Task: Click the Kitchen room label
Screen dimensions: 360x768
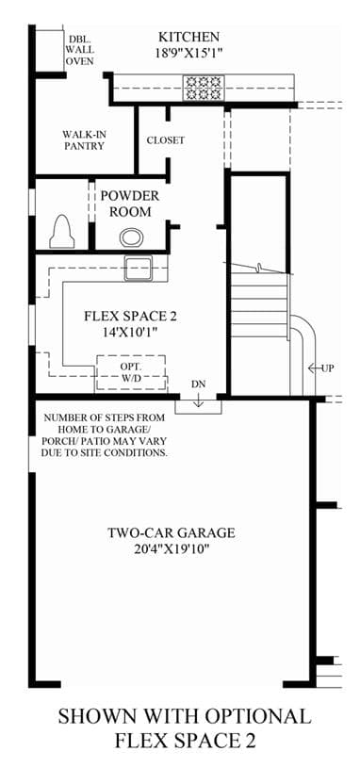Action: [x=188, y=37]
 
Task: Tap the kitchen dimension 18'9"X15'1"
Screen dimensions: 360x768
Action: [x=189, y=53]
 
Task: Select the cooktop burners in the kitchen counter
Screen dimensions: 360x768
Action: [x=204, y=89]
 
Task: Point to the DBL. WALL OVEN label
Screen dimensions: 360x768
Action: [x=81, y=50]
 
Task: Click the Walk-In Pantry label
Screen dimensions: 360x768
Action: [x=84, y=139]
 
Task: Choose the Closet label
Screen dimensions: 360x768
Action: [x=166, y=140]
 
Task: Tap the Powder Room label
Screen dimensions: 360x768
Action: [x=130, y=204]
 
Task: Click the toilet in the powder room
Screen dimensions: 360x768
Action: [x=62, y=231]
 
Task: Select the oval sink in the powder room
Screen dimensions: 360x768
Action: [x=131, y=238]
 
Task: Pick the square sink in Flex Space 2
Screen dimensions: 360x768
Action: [x=138, y=268]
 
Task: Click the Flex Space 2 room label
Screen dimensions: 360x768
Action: [x=130, y=317]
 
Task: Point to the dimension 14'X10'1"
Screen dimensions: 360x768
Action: [x=130, y=332]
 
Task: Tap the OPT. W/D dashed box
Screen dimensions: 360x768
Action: [x=131, y=373]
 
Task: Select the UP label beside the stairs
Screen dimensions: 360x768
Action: [x=328, y=368]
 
